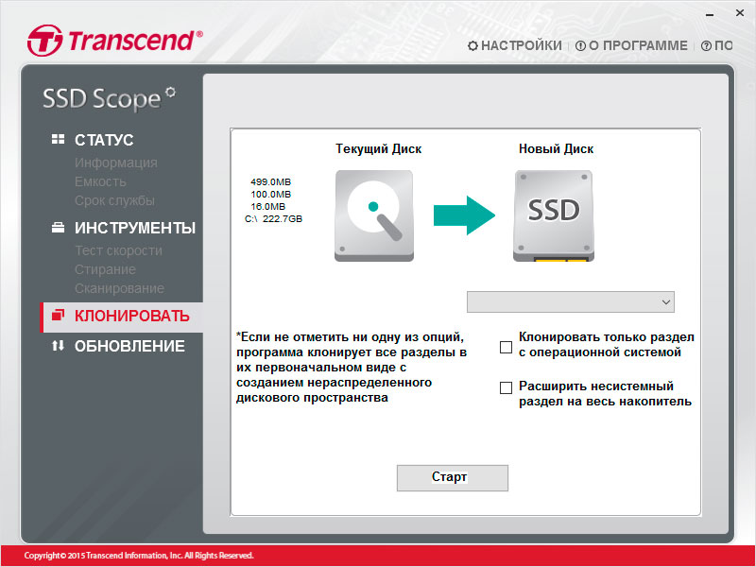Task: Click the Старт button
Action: tap(453, 478)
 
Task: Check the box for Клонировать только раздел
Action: tap(506, 347)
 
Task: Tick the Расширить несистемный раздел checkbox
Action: tap(506, 387)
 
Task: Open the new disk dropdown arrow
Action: tap(666, 302)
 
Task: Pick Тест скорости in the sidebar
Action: tap(119, 250)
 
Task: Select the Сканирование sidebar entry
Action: tap(119, 288)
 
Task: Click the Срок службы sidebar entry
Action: tap(114, 200)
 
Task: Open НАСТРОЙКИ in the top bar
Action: tap(515, 45)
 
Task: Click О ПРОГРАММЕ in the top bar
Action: tap(631, 45)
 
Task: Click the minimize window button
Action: tap(710, 14)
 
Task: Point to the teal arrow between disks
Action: tap(464, 215)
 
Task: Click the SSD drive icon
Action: tap(554, 215)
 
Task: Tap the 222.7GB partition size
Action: tap(283, 219)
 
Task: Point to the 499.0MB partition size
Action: tap(270, 181)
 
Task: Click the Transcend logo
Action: tap(114, 41)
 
